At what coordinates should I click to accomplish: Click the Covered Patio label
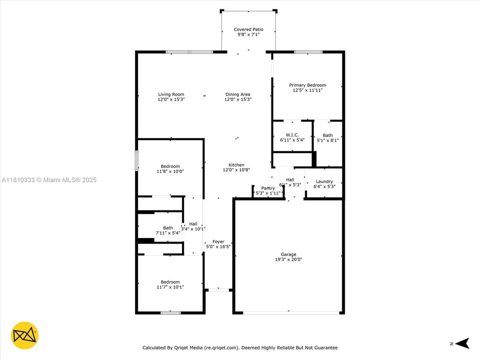(x=248, y=29)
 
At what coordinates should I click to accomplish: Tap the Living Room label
(x=171, y=94)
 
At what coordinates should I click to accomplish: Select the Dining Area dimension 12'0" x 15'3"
(x=237, y=99)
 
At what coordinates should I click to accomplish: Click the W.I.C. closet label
(x=292, y=135)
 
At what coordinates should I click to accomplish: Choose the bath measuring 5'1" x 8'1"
(x=327, y=138)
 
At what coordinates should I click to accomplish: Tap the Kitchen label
(x=236, y=164)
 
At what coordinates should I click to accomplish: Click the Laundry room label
(x=324, y=181)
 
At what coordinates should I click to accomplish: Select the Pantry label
(x=267, y=188)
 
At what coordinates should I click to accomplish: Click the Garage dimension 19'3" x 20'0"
(x=288, y=259)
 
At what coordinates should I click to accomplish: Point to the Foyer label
(x=218, y=241)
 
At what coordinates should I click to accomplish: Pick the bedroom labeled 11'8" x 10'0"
(x=170, y=169)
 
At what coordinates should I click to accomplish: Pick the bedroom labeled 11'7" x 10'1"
(x=170, y=284)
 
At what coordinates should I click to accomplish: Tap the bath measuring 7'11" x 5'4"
(x=167, y=230)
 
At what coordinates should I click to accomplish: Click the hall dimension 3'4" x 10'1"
(x=193, y=229)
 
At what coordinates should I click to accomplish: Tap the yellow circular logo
(x=24, y=334)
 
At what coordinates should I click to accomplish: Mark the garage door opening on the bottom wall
(x=290, y=312)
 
